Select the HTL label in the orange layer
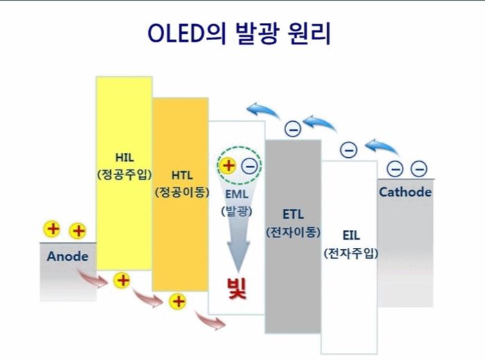(181, 174)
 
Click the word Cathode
(405, 192)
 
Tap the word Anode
(68, 256)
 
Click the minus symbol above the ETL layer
(293, 129)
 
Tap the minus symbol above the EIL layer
(349, 150)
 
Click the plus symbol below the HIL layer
(122, 280)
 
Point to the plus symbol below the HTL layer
(178, 301)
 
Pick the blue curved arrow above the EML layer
(261, 109)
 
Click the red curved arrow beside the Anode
(93, 278)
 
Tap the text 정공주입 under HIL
(124, 173)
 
